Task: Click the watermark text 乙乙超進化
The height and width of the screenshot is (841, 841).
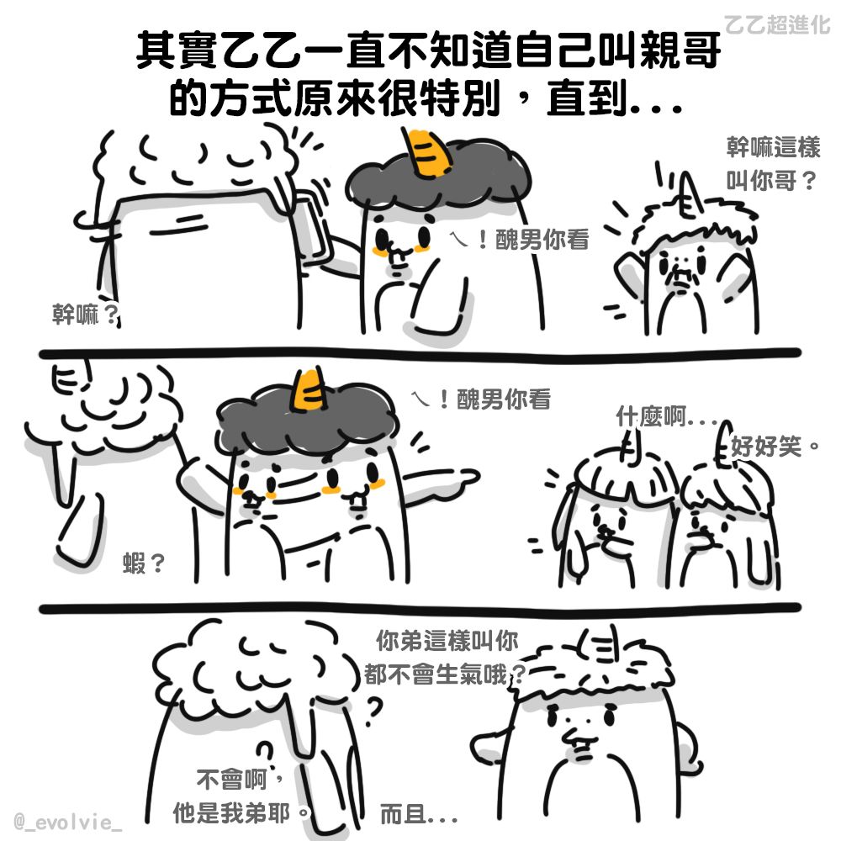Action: pyautogui.click(x=776, y=24)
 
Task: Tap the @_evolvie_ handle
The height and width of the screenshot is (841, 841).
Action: pyautogui.click(x=68, y=822)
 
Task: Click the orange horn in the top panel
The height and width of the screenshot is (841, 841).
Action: pyautogui.click(x=426, y=153)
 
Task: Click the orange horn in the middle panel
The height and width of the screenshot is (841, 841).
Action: pyautogui.click(x=310, y=390)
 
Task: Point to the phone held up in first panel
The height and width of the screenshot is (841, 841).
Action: pyautogui.click(x=311, y=230)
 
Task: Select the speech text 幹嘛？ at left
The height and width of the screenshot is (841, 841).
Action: pyautogui.click(x=85, y=315)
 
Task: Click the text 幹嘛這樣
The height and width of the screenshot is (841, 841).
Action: pyautogui.click(x=774, y=147)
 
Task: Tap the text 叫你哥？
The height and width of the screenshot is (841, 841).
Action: pyautogui.click(x=771, y=181)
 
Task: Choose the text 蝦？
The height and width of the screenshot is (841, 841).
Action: pyautogui.click(x=144, y=563)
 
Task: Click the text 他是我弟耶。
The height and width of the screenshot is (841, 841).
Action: pyautogui.click(x=242, y=813)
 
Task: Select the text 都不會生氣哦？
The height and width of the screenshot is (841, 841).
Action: pyautogui.click(x=445, y=674)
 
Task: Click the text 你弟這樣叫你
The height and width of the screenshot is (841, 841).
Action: pyautogui.click(x=447, y=640)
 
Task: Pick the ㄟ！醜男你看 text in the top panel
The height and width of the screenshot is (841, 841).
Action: pyautogui.click(x=520, y=239)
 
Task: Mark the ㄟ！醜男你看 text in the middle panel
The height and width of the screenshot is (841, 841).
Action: pyautogui.click(x=481, y=399)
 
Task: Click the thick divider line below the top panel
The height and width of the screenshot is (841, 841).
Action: pyautogui.click(x=420, y=353)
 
